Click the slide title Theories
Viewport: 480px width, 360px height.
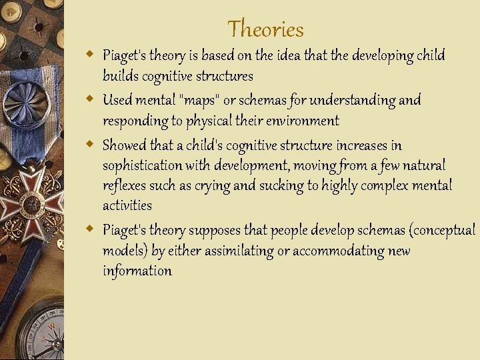(x=265, y=29)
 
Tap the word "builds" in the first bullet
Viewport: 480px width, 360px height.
(x=118, y=76)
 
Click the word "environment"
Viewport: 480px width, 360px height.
(x=301, y=121)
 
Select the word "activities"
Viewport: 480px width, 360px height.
(x=127, y=205)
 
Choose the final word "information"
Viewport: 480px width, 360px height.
(x=137, y=271)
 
